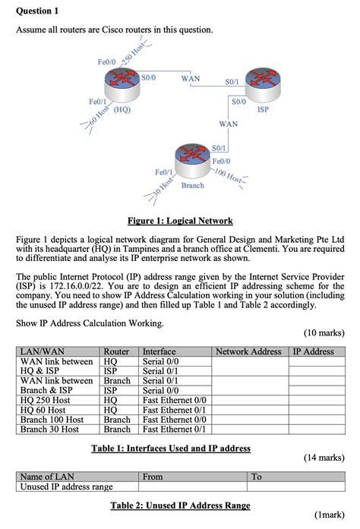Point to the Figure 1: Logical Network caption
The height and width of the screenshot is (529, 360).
coord(180,221)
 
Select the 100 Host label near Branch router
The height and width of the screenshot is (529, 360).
coord(228,178)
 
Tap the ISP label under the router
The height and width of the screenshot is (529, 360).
coord(264,109)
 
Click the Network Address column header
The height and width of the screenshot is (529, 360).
coord(249,351)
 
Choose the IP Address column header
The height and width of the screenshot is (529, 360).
coord(314,351)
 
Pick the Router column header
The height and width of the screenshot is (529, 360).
coord(116,351)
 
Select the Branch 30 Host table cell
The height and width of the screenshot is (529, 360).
coord(49,429)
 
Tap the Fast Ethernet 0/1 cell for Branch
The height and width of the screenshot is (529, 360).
coord(175,429)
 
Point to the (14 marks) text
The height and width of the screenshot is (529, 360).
coord(324,458)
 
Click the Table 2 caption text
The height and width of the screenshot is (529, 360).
coord(180,505)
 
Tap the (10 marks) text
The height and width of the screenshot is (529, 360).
coord(324,332)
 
